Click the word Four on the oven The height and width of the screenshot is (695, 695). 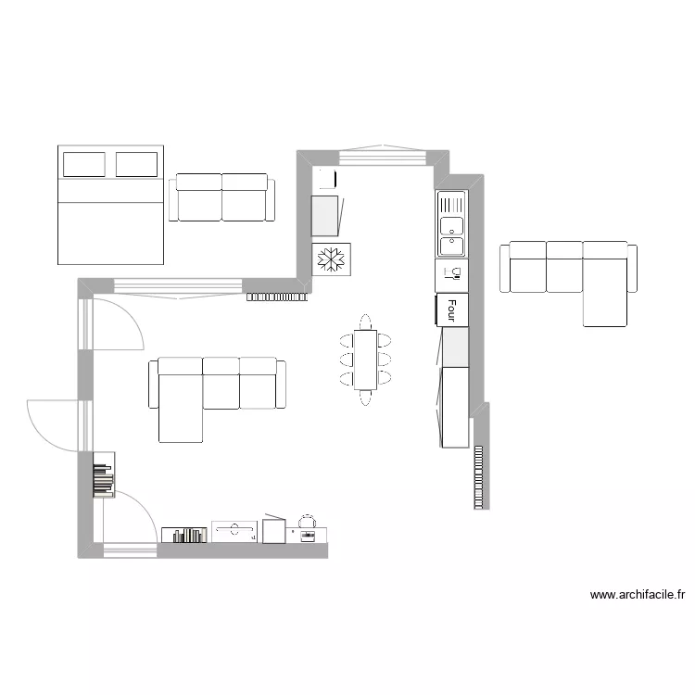452,309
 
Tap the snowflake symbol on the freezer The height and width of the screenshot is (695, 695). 331,260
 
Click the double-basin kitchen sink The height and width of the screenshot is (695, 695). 451,225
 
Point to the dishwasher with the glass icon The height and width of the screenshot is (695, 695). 451,273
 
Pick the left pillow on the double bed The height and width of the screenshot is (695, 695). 83,164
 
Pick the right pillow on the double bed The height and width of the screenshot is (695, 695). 136,164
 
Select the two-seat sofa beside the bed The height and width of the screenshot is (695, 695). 222,198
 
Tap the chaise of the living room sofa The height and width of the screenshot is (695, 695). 181,408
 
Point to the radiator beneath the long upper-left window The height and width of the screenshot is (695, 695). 276,297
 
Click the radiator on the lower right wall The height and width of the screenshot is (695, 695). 478,476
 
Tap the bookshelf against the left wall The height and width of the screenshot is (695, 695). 103,474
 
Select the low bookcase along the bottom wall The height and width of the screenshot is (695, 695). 183,534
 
